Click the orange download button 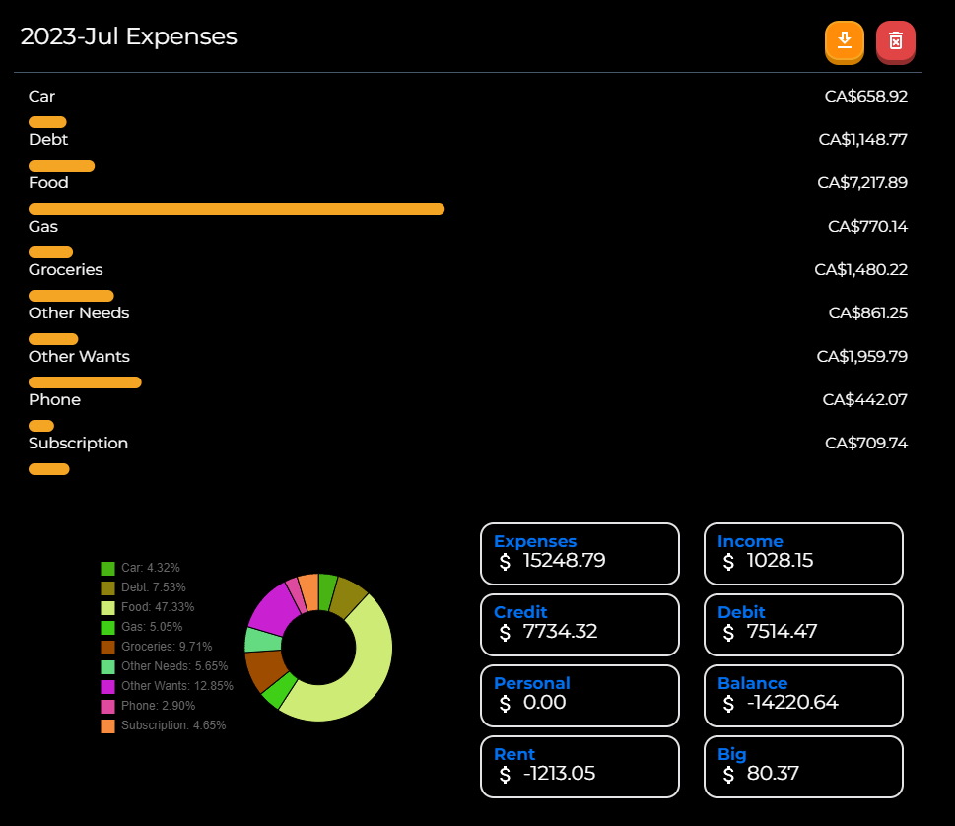844,41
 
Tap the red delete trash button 895,41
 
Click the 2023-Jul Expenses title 129,36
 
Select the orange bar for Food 237,209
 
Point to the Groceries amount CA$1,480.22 860,269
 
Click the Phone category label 54,399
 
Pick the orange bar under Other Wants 85,382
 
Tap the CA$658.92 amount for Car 865,96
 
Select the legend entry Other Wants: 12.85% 168,686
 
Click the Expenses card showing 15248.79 580,553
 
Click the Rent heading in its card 514,754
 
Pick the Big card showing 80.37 803,766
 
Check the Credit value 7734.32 560,632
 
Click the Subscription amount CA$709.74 865,443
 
